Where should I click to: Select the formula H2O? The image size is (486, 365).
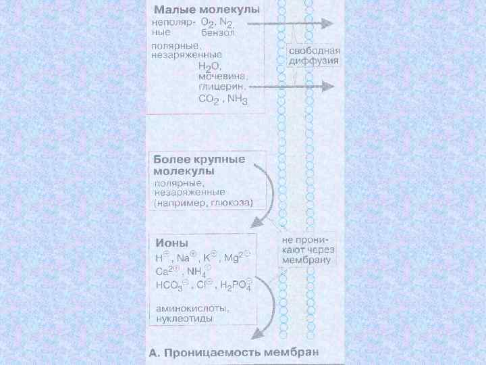[211, 66]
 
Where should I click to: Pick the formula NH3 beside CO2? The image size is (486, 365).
[237, 99]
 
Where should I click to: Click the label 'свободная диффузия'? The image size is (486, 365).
[314, 55]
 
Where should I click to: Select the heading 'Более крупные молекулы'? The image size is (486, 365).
[199, 166]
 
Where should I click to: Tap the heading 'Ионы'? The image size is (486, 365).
[171, 243]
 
